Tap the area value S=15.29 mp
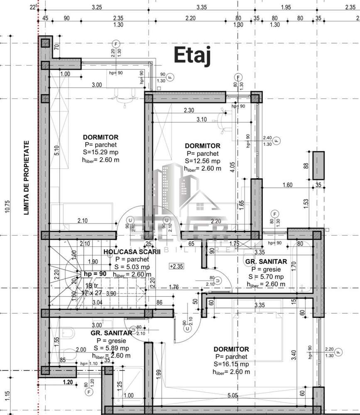[100, 152]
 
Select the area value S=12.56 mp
[203, 161]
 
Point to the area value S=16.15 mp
[231, 364]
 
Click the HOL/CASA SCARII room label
[126, 252]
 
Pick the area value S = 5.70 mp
[266, 277]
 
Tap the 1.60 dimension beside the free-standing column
[287, 185]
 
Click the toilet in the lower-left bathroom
[68, 332]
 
